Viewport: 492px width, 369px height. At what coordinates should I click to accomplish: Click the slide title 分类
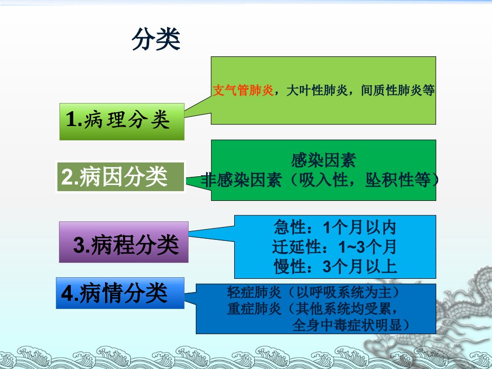156,39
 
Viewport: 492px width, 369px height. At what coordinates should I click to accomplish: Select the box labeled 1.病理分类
122,121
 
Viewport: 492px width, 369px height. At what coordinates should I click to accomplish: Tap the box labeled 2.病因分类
121,177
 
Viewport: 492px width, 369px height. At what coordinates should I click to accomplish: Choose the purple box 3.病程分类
124,242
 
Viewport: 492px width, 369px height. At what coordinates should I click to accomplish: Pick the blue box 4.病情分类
120,293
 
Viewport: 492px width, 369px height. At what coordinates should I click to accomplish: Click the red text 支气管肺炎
243,90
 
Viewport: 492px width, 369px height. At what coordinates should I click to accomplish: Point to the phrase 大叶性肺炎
317,90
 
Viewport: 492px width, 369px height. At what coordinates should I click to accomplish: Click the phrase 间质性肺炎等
398,90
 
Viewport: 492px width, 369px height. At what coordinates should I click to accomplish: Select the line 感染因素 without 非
323,160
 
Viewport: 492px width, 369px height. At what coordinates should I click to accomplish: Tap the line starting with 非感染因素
319,180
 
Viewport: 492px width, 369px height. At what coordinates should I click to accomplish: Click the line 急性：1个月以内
335,227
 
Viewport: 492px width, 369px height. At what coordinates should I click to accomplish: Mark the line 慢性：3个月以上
335,266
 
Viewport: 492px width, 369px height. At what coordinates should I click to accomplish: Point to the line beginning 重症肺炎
313,309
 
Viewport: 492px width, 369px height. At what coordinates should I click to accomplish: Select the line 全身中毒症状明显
351,325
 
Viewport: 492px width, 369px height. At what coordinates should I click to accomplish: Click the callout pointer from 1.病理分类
198,108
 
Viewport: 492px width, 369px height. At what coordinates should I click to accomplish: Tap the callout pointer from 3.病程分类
212,234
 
